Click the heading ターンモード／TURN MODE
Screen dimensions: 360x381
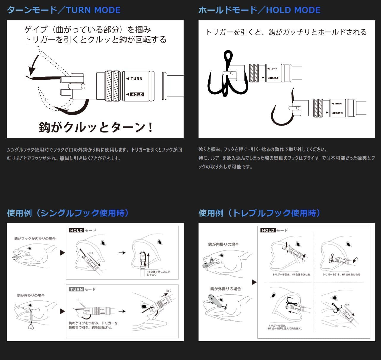click(x=64, y=10)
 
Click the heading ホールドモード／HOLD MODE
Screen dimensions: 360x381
click(x=259, y=10)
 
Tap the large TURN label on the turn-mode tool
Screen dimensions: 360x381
click(x=134, y=79)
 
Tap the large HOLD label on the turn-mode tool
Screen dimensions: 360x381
click(x=137, y=94)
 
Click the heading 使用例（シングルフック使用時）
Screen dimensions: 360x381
click(x=68, y=213)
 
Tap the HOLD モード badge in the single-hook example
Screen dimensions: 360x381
click(x=83, y=230)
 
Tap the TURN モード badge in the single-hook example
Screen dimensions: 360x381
click(x=82, y=289)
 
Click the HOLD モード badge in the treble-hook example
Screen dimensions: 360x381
click(x=274, y=230)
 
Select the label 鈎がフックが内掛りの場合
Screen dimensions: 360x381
click(x=35, y=239)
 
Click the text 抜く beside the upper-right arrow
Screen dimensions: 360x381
click(x=169, y=291)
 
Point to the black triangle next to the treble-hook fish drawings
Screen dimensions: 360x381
click(x=254, y=282)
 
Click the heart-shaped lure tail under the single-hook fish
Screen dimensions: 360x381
click(x=31, y=327)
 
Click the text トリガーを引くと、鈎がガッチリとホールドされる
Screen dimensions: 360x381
click(x=286, y=32)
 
